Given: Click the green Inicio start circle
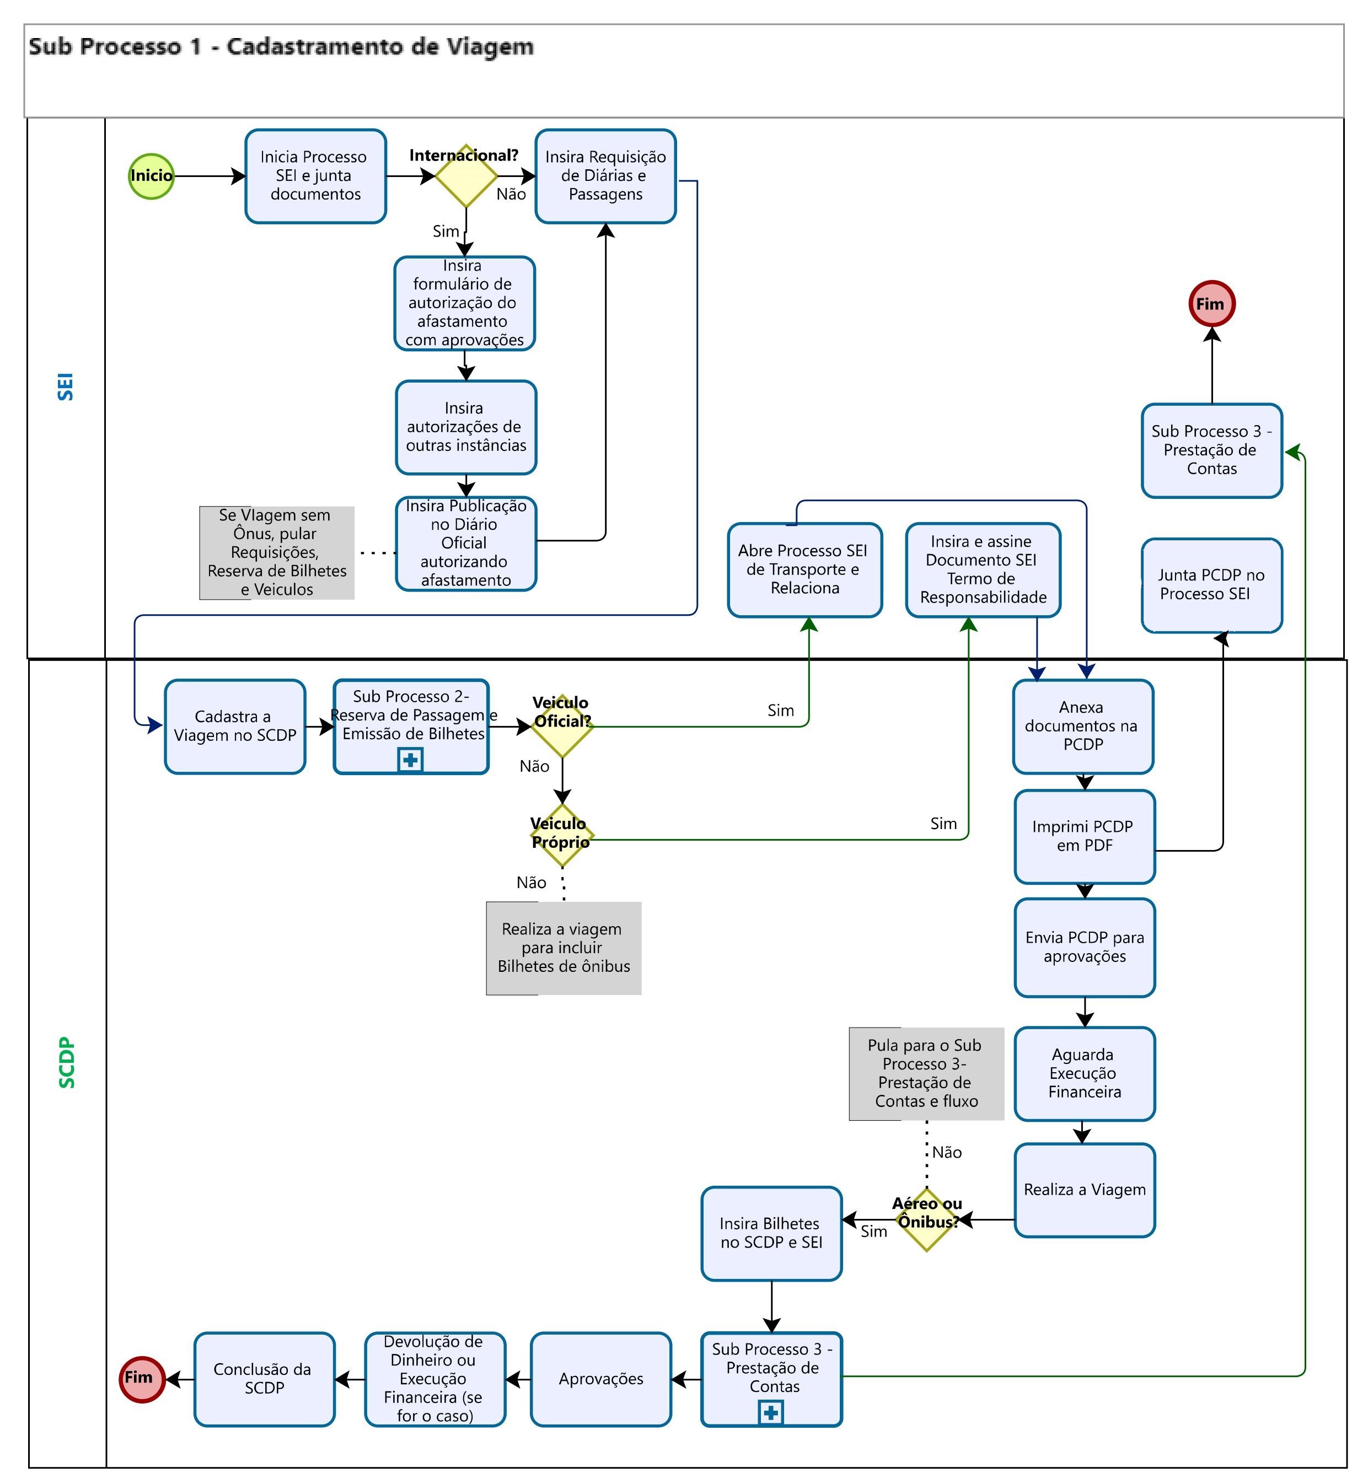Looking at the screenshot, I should (151, 176).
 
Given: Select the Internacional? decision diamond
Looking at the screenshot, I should (465, 176).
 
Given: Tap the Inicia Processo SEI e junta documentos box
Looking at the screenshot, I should (315, 176).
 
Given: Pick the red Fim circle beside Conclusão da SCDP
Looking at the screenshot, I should (141, 1379).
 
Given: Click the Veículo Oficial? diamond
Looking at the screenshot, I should (562, 726).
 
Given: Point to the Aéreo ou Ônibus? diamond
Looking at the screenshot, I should (926, 1220).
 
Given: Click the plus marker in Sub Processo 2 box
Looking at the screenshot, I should (410, 760).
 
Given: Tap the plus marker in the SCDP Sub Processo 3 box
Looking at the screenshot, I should (771, 1412).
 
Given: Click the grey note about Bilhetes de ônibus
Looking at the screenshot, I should (564, 948).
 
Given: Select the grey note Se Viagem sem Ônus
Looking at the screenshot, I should (277, 553).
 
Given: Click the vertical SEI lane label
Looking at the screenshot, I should (66, 386).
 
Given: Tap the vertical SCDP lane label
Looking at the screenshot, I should (67, 1062).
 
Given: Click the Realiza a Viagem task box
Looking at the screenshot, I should (1085, 1190).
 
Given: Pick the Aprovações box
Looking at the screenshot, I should (600, 1379).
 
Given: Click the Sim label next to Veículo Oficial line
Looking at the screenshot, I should (780, 711).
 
